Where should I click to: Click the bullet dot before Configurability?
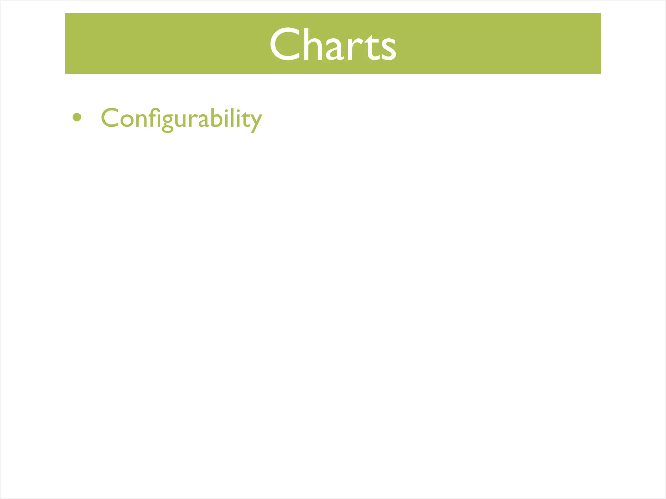77,117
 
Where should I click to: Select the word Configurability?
181,118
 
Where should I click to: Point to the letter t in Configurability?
245,119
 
